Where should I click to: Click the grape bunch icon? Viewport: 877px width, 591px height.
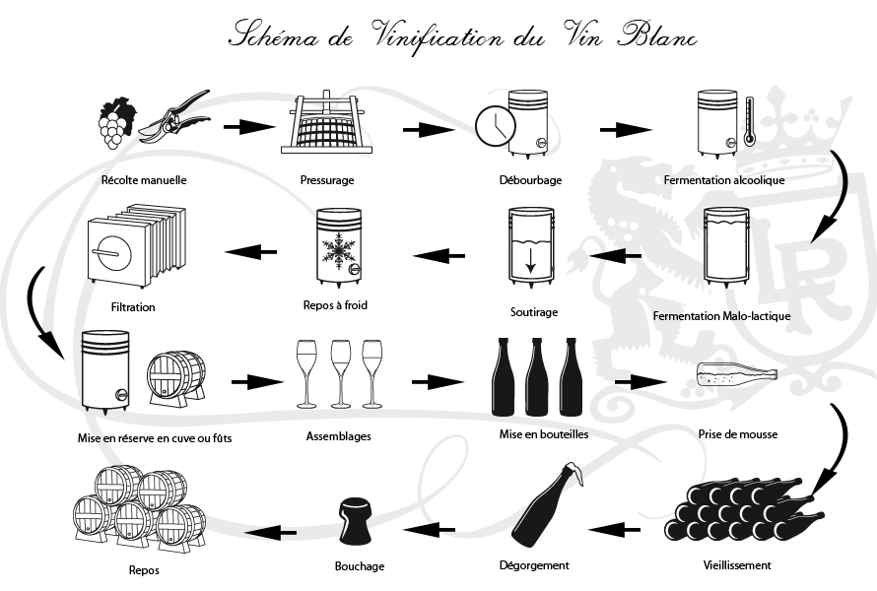pos(115,121)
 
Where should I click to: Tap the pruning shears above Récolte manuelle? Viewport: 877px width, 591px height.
pos(176,116)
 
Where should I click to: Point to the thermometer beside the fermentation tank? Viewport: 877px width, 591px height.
pos(749,119)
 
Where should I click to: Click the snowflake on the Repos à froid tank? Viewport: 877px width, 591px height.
pos(339,255)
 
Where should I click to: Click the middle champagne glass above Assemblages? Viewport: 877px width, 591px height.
pos(341,372)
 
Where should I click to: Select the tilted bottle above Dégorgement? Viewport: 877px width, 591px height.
pos(544,509)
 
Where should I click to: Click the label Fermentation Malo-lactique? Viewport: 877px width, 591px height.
pos(721,316)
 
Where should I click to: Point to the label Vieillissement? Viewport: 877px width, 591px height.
pos(737,565)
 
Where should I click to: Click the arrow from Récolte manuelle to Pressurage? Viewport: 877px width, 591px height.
pos(247,127)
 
